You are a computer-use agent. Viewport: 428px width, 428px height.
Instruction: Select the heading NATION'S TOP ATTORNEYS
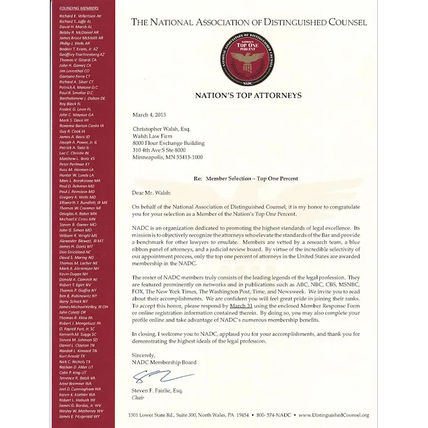point(248,95)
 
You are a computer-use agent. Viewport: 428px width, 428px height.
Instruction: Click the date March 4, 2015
point(149,115)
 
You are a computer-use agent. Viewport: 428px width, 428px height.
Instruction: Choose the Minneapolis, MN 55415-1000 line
point(168,157)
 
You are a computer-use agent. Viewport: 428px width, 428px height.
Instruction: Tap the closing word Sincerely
point(144,355)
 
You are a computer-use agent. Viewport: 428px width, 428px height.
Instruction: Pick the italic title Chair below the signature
point(138,397)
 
